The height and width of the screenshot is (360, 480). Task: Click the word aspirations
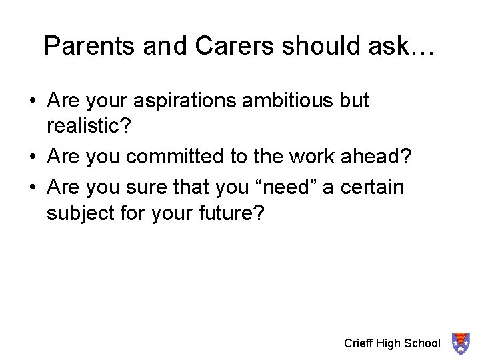185,101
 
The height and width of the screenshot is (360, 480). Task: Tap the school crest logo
460,343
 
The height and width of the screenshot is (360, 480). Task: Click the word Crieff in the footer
358,343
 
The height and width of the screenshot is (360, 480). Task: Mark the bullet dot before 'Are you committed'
33,157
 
